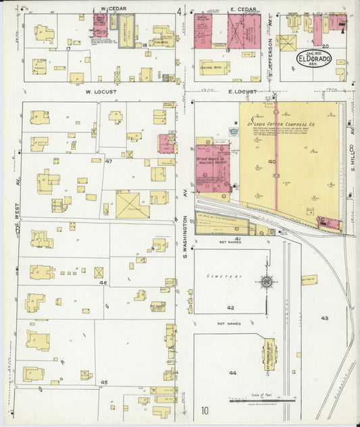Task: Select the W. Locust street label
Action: (98, 90)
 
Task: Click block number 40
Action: (272, 162)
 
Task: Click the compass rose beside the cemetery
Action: (267, 281)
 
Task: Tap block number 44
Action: (233, 373)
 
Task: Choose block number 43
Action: (324, 318)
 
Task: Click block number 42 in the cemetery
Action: (230, 307)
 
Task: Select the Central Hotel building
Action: (215, 68)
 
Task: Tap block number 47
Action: (107, 163)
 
